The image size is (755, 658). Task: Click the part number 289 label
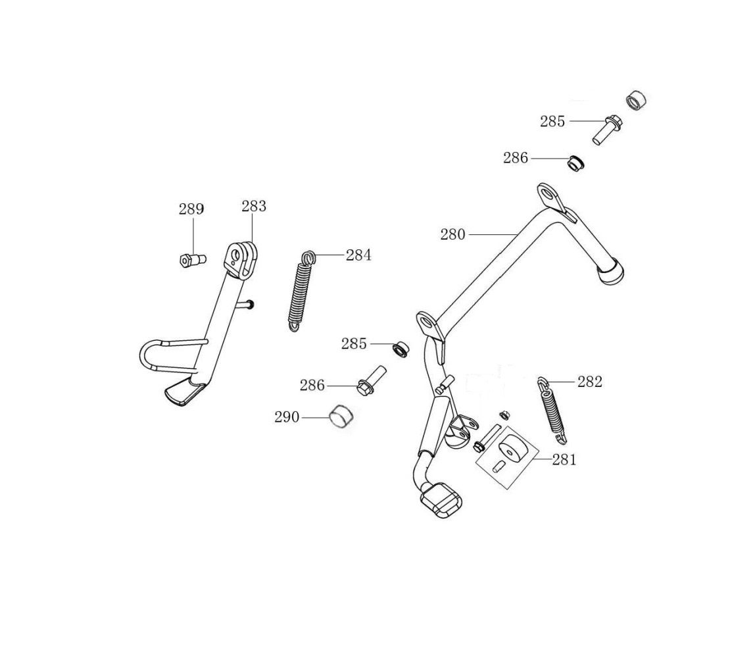pos(191,209)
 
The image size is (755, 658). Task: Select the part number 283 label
pos(254,206)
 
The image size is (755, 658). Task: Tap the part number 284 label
pos(358,255)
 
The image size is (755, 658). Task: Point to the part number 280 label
pos(453,235)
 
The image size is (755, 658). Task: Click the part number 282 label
pos(590,382)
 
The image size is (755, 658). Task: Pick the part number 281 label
pos(564,460)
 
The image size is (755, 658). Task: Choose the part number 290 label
pos(287,417)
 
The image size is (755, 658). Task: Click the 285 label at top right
pos(552,121)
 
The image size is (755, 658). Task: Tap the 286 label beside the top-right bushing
pos(516,158)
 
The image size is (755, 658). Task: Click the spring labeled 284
pos(301,291)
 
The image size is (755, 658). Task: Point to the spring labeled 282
pos(552,411)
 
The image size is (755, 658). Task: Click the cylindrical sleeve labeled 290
pos(341,417)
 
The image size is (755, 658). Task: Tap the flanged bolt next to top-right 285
pos(607,130)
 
